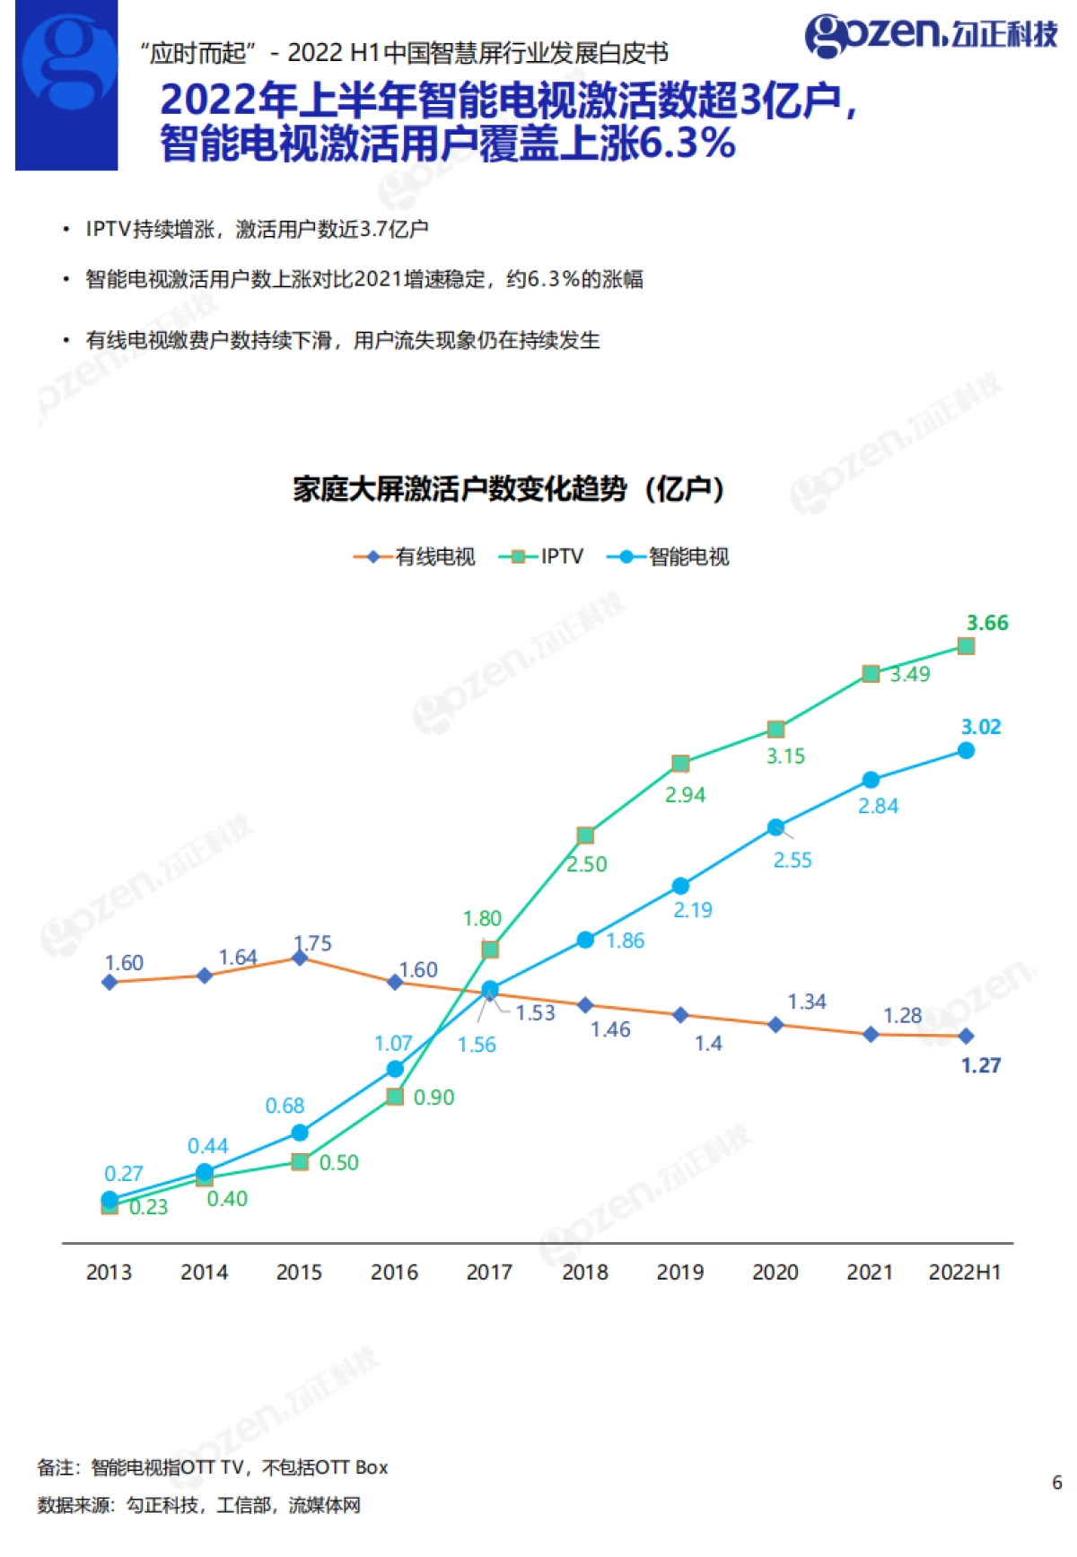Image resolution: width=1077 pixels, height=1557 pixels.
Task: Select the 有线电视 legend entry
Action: [x=415, y=556]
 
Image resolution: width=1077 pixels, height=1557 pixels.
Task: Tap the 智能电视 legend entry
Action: [x=669, y=556]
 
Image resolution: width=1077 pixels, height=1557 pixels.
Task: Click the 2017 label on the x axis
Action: [x=489, y=1272]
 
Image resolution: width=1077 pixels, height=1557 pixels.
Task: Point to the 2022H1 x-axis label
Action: [x=965, y=1272]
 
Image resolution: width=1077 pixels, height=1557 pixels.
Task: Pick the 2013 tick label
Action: [x=109, y=1272]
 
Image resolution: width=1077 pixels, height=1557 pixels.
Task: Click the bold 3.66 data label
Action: [x=987, y=623]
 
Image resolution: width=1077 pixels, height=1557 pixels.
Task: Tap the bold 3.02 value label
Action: [x=981, y=727]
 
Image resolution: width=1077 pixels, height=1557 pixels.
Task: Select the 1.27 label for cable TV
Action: [x=981, y=1065]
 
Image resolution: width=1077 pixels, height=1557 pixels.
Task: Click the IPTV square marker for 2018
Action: [x=585, y=835]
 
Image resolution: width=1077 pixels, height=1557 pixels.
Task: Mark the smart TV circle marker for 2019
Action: [x=680, y=886]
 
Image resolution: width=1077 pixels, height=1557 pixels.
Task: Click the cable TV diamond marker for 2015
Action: [x=300, y=958]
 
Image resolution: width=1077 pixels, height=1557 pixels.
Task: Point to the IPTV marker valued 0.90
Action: [x=395, y=1097]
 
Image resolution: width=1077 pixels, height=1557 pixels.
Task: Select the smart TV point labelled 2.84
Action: [x=871, y=780]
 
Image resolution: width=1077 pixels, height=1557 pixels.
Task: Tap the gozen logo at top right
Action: [x=931, y=34]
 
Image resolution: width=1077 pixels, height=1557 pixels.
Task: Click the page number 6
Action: [x=1056, y=1483]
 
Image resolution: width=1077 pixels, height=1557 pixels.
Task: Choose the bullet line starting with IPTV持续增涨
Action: [x=256, y=229]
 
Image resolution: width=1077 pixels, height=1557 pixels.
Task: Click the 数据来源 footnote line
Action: [x=198, y=1505]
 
